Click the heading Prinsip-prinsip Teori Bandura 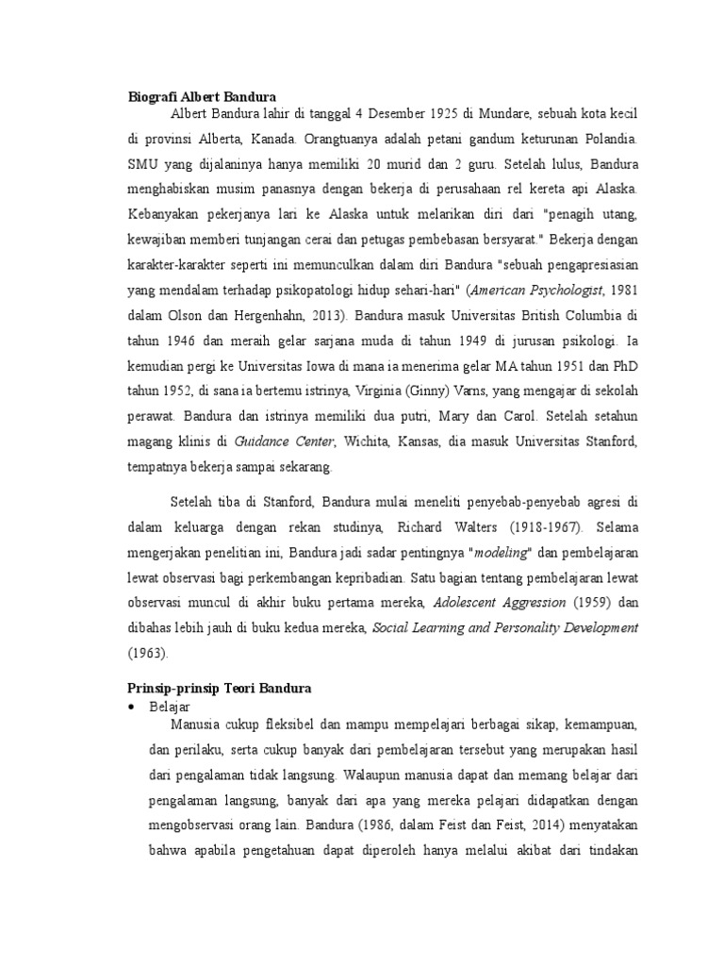(220, 690)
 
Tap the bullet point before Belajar (131, 706)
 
